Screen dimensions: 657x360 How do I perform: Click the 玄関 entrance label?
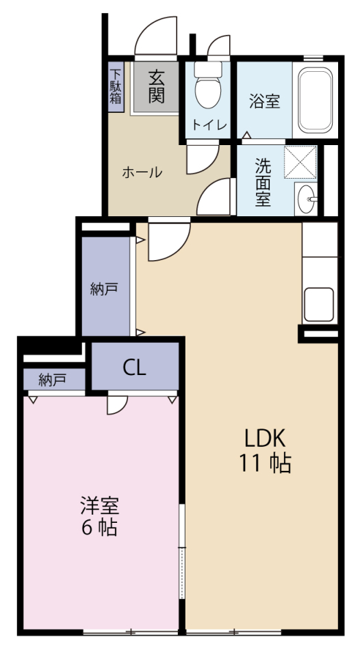(x=157, y=86)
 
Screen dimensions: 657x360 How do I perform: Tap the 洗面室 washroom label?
(x=263, y=182)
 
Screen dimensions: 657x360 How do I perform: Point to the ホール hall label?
(x=142, y=172)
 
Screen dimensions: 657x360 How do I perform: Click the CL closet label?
(x=135, y=368)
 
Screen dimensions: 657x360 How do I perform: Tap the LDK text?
(x=264, y=437)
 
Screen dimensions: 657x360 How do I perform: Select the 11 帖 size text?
(x=264, y=463)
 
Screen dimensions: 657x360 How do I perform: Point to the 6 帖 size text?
(x=100, y=528)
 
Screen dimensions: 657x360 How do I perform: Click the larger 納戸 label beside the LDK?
(x=105, y=289)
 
